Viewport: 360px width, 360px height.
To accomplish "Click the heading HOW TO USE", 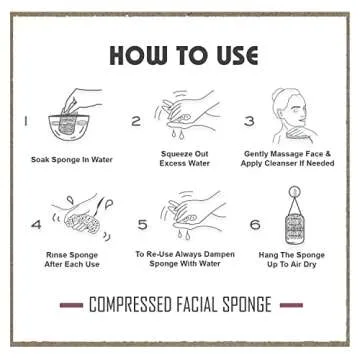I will (181, 54).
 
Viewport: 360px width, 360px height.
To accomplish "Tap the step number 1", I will (26, 122).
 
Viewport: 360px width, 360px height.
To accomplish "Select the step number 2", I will (136, 122).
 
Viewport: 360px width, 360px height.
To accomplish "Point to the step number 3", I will (250, 122).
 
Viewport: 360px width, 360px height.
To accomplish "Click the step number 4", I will (37, 224).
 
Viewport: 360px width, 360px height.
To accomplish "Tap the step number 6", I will (255, 224).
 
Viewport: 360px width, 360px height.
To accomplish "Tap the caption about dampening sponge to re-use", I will (185, 260).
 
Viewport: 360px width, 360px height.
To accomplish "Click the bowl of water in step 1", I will (67, 126).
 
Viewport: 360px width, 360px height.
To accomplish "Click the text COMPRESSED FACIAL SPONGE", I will (180, 304).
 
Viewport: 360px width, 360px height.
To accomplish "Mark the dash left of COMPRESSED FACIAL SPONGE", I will (71, 304).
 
